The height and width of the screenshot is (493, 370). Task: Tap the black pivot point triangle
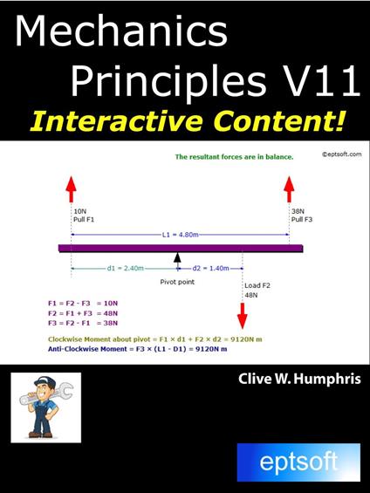click(x=177, y=258)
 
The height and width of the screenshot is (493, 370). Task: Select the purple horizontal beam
click(x=181, y=248)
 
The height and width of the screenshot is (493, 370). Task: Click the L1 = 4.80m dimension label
click(x=180, y=236)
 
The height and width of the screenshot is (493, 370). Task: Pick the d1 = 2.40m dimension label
click(x=124, y=268)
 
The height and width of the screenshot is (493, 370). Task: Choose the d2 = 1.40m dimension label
click(x=209, y=268)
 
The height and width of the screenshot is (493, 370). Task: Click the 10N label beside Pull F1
click(x=80, y=210)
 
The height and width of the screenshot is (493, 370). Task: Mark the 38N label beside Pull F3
click(x=298, y=210)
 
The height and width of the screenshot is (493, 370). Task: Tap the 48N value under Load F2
click(x=252, y=295)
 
